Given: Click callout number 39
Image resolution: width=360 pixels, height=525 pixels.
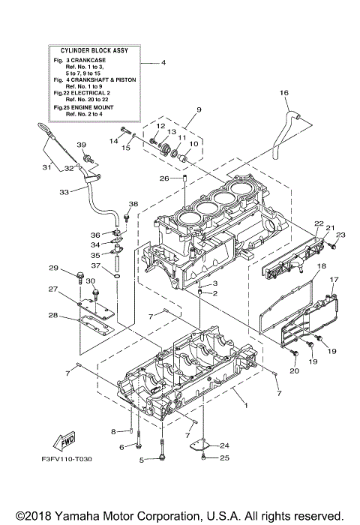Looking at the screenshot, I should click(82, 145).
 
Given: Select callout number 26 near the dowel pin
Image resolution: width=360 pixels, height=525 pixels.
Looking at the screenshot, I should click(163, 178).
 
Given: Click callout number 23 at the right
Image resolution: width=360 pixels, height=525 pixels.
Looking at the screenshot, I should click(340, 235).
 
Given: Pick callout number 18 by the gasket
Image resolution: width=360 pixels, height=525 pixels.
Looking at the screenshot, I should click(320, 266).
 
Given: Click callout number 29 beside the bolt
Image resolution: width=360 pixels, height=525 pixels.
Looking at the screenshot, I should click(53, 268).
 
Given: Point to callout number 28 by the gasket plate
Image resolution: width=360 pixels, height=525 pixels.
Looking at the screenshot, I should click(53, 315).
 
